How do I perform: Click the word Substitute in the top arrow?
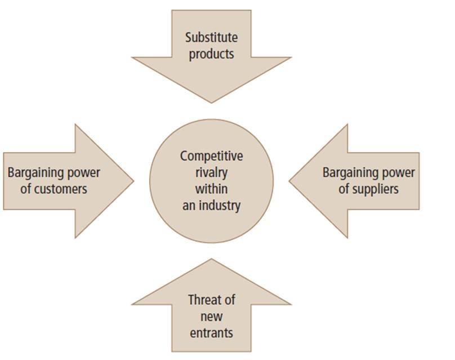(x=211, y=38)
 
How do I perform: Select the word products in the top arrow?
(x=211, y=55)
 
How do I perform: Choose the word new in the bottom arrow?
(x=211, y=316)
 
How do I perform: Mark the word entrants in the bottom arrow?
(x=211, y=332)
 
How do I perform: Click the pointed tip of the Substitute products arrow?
(x=211, y=102)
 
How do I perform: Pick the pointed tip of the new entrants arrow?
(x=211, y=259)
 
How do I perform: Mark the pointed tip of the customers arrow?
(x=133, y=181)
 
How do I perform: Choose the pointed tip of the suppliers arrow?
(x=289, y=181)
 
